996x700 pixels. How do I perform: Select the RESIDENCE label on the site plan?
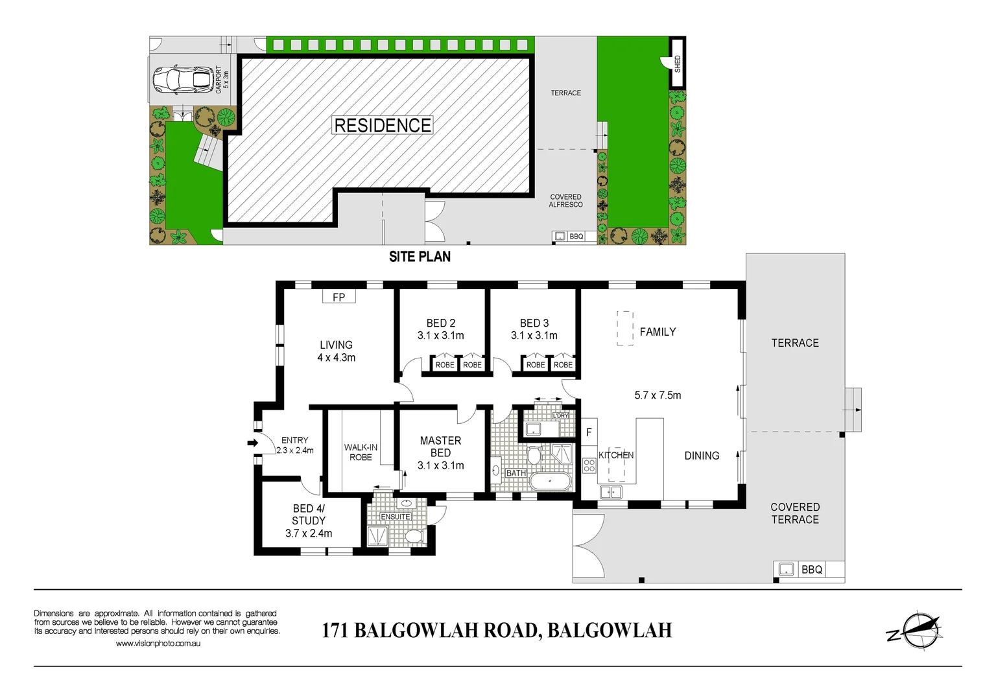383,125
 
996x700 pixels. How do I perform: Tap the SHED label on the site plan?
678,64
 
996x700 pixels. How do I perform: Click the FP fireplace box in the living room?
338,297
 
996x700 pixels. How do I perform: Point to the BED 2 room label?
441,323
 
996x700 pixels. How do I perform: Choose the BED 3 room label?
534,323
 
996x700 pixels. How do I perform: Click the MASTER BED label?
440,447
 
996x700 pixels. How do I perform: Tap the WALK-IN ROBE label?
361,452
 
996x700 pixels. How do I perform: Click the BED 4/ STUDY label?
309,515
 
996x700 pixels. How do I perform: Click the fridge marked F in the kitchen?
589,432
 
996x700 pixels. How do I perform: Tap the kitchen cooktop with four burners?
589,465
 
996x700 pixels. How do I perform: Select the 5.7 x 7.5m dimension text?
658,395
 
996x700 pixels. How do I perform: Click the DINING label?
702,456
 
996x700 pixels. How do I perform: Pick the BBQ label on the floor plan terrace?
812,570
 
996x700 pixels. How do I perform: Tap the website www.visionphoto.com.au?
158,644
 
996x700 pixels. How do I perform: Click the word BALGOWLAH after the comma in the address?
610,630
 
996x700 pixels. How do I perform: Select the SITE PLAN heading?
420,257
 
